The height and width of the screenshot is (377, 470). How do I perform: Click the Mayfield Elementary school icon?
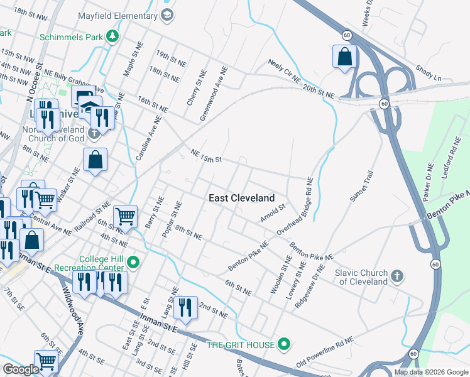(167, 14)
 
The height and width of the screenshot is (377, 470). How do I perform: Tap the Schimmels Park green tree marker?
(112, 37)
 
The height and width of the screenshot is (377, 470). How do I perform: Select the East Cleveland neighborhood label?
(241, 198)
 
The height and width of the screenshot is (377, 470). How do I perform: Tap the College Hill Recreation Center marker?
(133, 262)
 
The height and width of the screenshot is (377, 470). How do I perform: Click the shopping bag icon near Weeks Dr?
(344, 57)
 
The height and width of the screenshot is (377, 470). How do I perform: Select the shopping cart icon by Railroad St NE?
(126, 217)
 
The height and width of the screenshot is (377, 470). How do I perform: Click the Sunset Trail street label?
(362, 187)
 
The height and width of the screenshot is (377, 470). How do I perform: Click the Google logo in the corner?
(21, 369)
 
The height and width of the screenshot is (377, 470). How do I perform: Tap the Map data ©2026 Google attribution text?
(431, 372)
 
